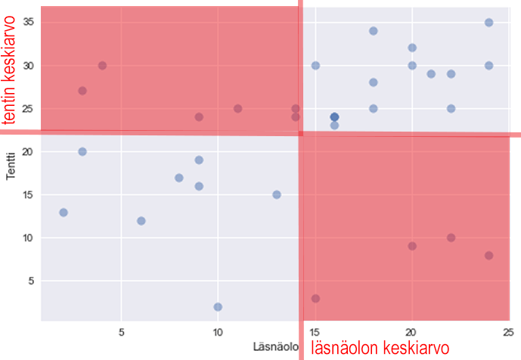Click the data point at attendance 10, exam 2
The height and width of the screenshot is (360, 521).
click(218, 306)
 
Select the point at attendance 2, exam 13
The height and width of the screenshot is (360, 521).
click(64, 213)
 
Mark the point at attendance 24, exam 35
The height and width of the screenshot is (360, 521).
click(489, 23)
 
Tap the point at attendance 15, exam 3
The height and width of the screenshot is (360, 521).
click(315, 298)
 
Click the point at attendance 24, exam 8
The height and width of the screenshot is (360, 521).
click(489, 256)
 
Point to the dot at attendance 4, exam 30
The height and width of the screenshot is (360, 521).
click(102, 66)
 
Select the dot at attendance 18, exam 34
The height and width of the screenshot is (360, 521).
click(374, 31)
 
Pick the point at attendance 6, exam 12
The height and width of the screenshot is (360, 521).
click(141, 221)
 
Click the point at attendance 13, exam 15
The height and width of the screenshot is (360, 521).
click(277, 194)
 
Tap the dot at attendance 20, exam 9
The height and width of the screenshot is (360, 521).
click(412, 246)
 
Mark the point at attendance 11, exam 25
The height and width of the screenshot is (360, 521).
click(237, 109)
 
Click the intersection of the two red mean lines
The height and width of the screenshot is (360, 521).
click(301, 133)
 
